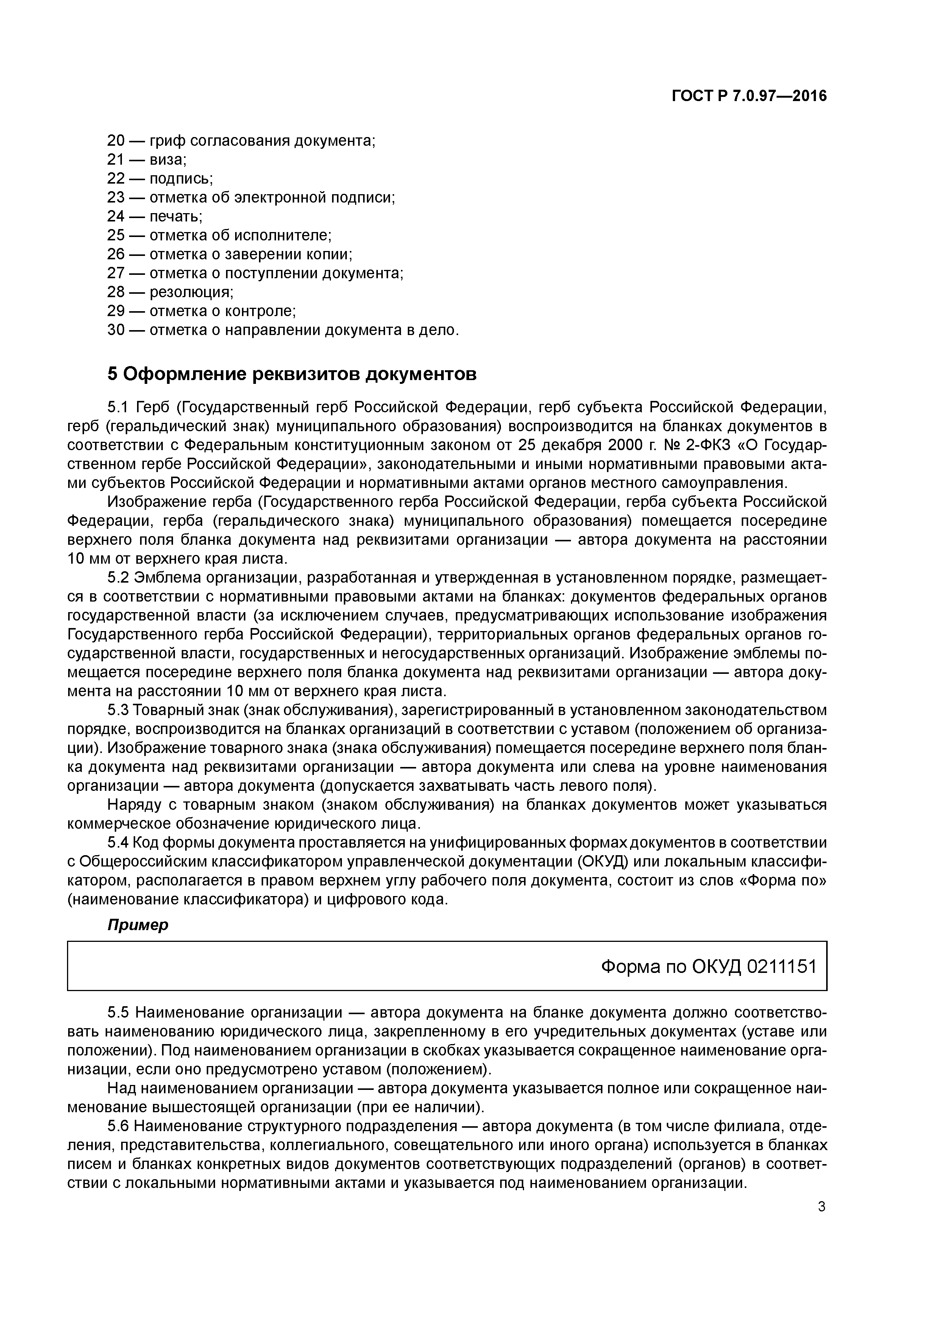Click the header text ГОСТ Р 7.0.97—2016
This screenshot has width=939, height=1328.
pyautogui.click(x=749, y=96)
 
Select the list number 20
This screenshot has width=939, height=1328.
pyautogui.click(x=116, y=140)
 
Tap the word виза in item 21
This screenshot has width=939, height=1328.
pyautogui.click(x=167, y=160)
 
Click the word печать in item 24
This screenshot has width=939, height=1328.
pyautogui.click(x=175, y=216)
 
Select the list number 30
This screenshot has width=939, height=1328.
pyautogui.click(x=116, y=330)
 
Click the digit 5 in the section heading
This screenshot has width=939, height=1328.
pyautogui.click(x=112, y=374)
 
